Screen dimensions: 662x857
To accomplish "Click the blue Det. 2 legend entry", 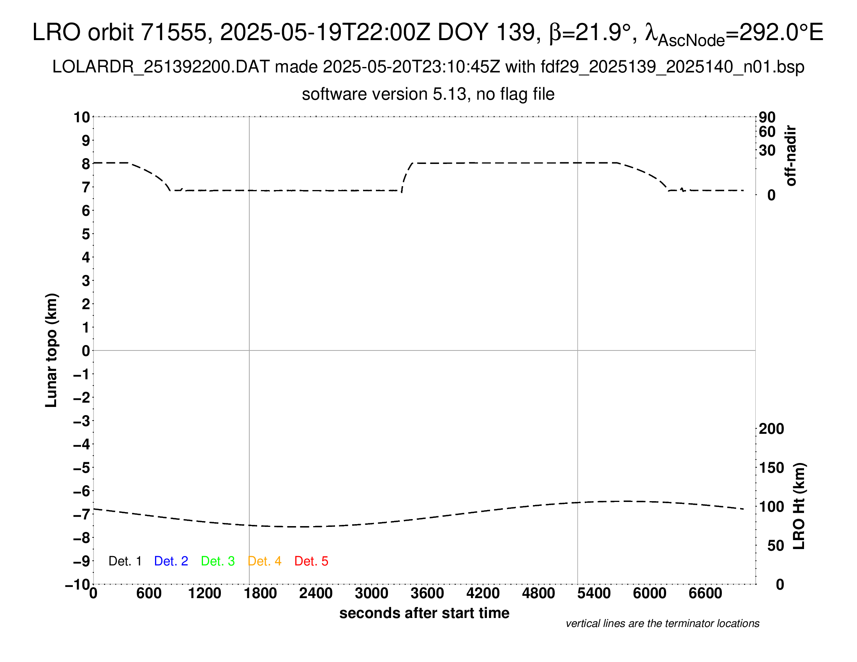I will point(171,561).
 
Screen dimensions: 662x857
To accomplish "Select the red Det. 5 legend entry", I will point(311,561).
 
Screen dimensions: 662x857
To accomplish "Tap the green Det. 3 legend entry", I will point(218,561).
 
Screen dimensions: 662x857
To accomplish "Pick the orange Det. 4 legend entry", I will point(265,561).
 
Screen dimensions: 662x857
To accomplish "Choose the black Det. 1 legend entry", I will point(125,561).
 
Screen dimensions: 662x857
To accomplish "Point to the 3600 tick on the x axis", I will point(427,593).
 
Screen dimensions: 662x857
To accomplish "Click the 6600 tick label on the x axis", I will point(705,593).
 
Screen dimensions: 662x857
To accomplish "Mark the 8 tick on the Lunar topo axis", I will point(86,164).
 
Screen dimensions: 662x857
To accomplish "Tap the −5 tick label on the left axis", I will point(82,468).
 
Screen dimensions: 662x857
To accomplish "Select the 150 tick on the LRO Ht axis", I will point(771,468).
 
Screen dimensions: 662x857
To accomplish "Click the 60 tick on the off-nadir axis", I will point(767,132).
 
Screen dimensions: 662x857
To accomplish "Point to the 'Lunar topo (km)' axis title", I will point(51,350).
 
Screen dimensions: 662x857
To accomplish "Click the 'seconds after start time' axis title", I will point(424,613).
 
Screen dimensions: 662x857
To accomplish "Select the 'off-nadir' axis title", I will point(791,156).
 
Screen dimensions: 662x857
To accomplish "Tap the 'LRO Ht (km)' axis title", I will point(799,506).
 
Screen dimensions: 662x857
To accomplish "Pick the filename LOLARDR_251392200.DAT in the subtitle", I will point(160,67).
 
